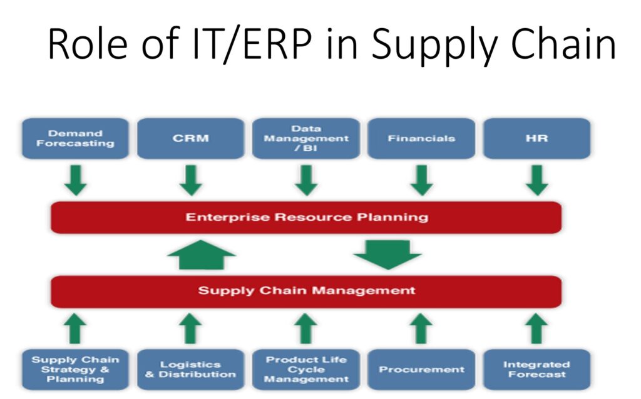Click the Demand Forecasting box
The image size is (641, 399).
click(75, 138)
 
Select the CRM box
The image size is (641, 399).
click(190, 138)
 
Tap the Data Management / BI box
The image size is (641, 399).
click(306, 138)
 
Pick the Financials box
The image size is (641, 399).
click(421, 138)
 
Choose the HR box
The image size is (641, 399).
click(536, 138)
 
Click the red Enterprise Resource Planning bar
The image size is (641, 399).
click(306, 217)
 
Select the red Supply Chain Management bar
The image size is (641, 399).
click(306, 291)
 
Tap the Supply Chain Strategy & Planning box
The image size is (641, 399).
click(75, 370)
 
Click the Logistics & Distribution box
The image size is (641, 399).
click(190, 370)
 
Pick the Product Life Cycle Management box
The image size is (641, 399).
click(306, 370)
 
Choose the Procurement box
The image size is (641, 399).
click(421, 370)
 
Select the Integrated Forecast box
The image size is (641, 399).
click(536, 370)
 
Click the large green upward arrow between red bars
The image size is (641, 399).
click(202, 255)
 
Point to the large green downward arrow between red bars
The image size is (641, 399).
click(387, 255)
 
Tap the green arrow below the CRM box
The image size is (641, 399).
click(191, 180)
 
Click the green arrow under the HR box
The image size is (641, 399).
click(536, 180)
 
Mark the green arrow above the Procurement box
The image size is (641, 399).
click(421, 328)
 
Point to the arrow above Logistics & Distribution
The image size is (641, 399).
click(191, 328)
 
